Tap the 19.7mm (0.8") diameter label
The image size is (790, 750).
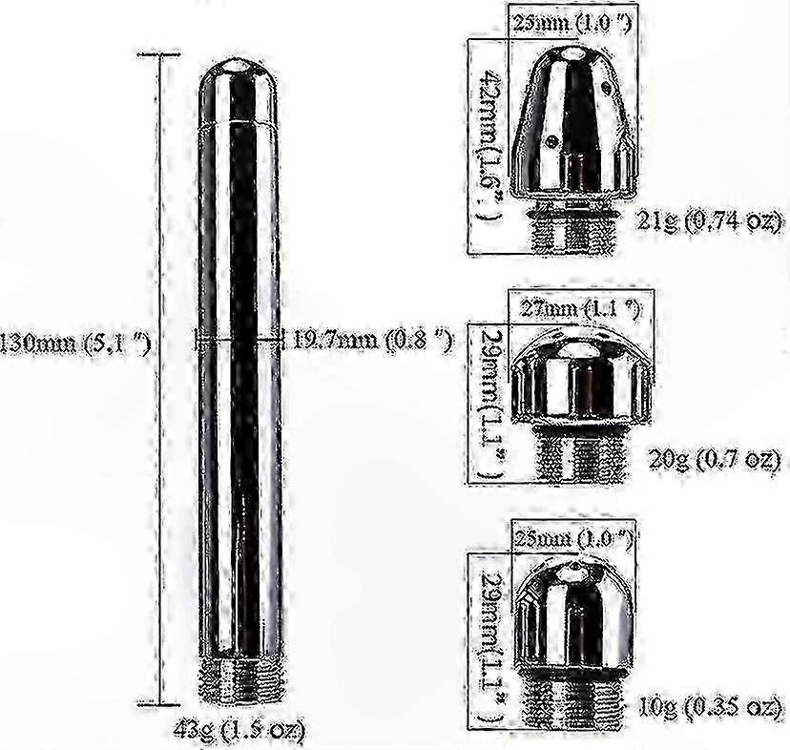[371, 340]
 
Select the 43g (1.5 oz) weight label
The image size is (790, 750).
[239, 731]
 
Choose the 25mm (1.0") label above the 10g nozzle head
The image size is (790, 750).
[574, 538]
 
